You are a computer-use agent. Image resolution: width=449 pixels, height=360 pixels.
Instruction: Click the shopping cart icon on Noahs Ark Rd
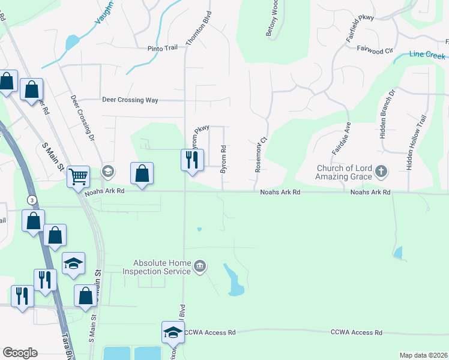point(78,177)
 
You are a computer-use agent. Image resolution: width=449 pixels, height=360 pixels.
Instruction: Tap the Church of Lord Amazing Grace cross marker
point(381,173)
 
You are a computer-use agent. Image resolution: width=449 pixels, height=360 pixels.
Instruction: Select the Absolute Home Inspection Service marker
point(200,266)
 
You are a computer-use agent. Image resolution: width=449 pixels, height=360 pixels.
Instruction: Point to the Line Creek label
point(427,55)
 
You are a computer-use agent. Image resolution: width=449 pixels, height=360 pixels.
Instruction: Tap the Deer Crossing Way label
point(130,100)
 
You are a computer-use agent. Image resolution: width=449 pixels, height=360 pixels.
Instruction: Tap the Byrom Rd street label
point(223,159)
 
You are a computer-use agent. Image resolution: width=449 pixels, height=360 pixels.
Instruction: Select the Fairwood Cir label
point(375,51)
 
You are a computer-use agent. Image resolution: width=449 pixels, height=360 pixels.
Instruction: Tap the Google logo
point(20,353)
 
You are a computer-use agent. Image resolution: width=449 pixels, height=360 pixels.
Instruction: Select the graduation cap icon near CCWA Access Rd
point(173,332)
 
